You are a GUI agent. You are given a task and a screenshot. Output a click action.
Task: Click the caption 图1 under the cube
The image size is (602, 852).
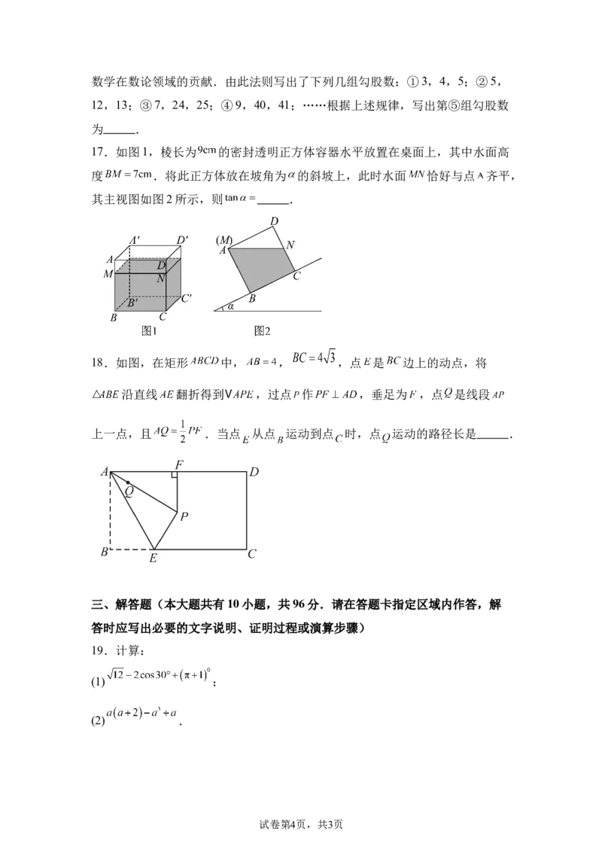click(x=148, y=331)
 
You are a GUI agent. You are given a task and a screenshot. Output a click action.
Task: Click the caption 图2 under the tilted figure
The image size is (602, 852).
click(x=262, y=331)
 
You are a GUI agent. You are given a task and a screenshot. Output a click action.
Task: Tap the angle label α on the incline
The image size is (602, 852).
click(x=231, y=306)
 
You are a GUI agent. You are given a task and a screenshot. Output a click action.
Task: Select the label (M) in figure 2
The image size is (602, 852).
click(x=225, y=240)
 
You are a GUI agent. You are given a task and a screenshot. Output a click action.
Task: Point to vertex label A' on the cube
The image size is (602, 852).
click(x=135, y=241)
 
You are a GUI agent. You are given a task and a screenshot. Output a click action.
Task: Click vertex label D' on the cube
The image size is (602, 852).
click(x=183, y=241)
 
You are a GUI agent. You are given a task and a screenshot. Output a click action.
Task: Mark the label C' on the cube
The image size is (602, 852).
click(x=187, y=297)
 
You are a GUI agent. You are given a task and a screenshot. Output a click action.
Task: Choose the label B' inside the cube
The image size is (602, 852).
click(x=132, y=303)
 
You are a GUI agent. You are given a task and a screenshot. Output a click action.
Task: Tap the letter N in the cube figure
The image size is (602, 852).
click(x=161, y=278)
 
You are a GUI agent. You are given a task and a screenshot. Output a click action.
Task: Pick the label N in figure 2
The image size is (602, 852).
click(x=290, y=245)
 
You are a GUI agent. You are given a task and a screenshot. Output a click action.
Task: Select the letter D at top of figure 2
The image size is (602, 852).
click(x=275, y=221)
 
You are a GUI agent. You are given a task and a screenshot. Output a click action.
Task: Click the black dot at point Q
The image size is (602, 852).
click(x=128, y=482)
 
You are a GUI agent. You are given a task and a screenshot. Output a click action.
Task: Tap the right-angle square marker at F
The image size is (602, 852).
click(x=174, y=475)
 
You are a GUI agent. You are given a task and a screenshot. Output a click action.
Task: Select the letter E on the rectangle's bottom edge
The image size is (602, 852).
click(x=153, y=558)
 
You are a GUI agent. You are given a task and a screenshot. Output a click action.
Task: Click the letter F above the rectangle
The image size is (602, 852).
click(x=178, y=464)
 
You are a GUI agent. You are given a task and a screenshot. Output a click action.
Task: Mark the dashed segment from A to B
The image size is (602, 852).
click(x=111, y=512)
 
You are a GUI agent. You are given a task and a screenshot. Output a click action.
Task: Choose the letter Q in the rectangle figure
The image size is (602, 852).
click(x=129, y=491)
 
